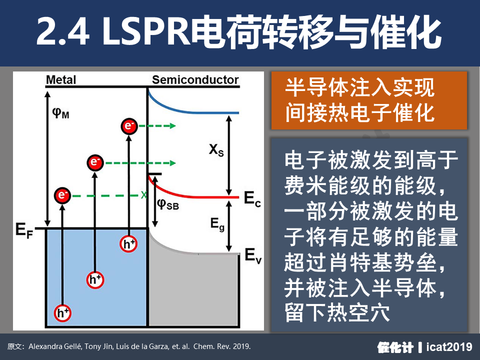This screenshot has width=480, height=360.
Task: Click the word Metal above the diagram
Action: coord(60,80)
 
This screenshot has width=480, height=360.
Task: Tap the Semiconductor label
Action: coord(195,80)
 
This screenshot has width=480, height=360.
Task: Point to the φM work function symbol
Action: coord(60,112)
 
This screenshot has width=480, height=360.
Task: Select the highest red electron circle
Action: coord(129,126)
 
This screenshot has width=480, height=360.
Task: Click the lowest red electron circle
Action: coord(62,195)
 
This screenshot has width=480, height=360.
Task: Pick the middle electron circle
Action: coord(95,162)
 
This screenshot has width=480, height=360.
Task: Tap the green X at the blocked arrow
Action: coord(144,195)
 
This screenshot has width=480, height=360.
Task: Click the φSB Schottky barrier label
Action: coord(168,203)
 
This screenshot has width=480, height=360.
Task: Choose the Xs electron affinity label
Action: coord(216,150)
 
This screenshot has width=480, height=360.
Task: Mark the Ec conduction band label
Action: coord(252,198)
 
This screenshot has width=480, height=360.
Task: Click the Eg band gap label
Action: coord(217,224)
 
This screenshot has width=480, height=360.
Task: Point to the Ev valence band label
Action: coord(253,255)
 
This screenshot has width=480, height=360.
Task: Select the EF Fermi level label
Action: coord(24,230)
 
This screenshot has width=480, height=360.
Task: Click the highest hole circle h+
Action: coord(128,244)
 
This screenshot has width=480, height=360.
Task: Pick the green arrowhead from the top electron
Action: coord(172,126)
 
